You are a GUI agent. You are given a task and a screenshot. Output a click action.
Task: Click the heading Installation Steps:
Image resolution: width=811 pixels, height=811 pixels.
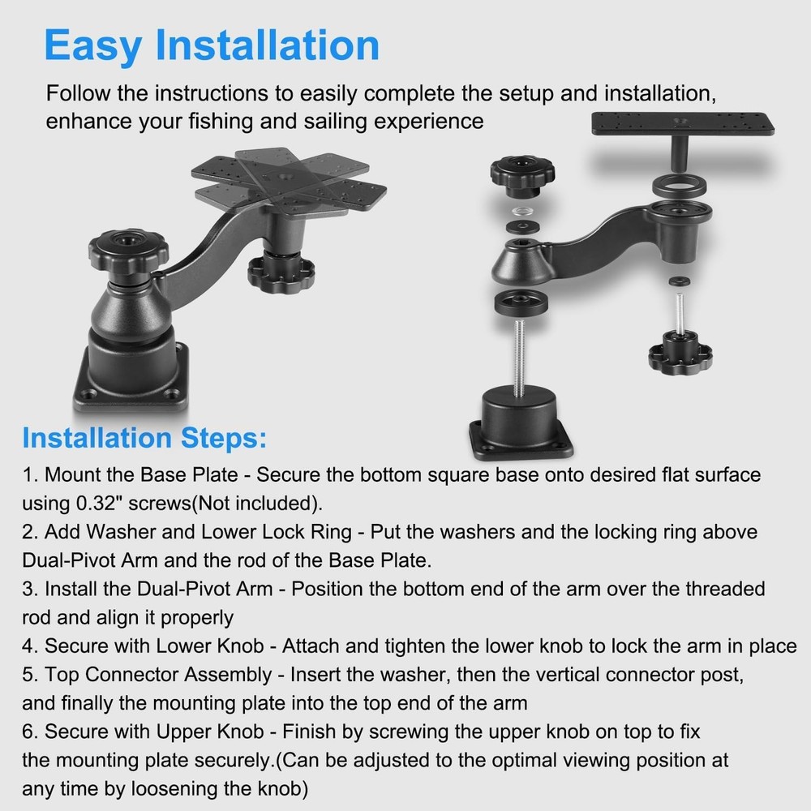coord(144,439)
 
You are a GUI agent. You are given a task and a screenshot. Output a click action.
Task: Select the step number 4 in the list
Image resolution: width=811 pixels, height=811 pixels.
coord(28,646)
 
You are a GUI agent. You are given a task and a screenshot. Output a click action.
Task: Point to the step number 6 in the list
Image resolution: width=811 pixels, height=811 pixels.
coord(28,732)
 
